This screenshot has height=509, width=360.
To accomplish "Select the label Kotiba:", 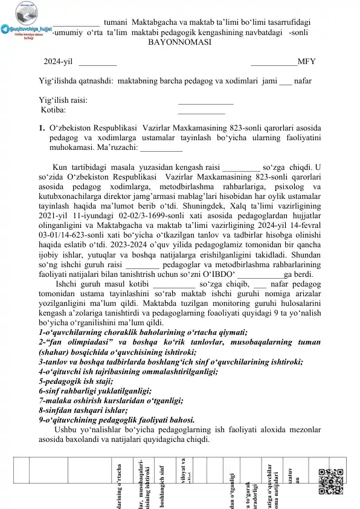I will (54, 110).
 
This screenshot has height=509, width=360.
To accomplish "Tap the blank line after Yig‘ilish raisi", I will (206, 100).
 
